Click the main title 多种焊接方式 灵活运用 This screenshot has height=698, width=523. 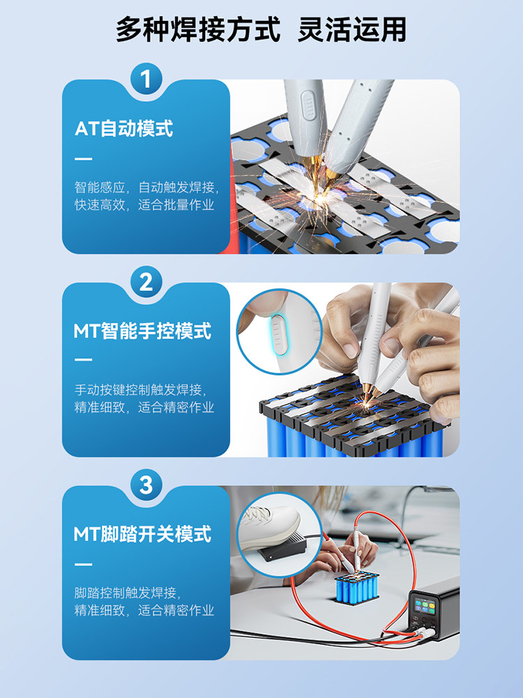(261, 30)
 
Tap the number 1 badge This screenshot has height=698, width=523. (146, 80)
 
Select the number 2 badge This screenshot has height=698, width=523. (146, 282)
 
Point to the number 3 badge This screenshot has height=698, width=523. (146, 485)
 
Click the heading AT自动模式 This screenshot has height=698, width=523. (123, 128)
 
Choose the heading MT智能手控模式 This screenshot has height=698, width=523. (142, 331)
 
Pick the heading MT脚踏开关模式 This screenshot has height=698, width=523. (142, 534)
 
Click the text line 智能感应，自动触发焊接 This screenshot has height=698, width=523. (146, 187)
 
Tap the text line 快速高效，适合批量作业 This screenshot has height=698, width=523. (144, 205)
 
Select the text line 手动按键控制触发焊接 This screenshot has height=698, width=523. (141, 390)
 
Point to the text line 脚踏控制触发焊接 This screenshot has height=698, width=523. (128, 593)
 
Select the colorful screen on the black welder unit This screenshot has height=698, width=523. (424, 606)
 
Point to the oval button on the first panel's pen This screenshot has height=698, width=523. (308, 105)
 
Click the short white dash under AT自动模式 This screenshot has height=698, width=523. (83, 158)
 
